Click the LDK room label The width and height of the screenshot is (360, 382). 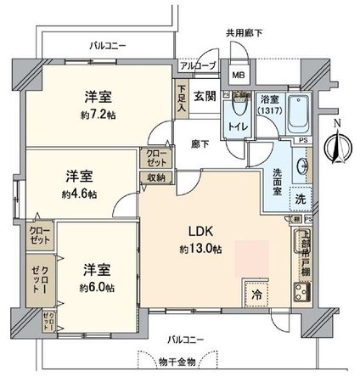click(201, 229)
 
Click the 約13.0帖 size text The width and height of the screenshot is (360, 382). click(201, 250)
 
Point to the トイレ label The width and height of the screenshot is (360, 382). click(234, 127)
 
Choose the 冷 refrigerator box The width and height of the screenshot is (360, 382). click(255, 295)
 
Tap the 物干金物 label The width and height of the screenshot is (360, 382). click(178, 362)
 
